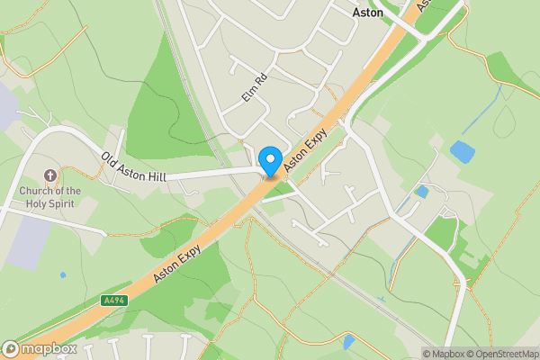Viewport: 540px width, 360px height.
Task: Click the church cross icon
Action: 49,175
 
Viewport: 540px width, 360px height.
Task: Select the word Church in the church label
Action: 40,191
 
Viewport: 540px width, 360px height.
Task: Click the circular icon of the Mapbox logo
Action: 11,348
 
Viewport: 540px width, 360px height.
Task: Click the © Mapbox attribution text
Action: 444,354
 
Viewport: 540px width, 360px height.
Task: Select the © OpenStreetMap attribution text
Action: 502,354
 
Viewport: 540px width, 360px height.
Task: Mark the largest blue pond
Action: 463,151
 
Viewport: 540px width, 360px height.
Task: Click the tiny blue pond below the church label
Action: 62,274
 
